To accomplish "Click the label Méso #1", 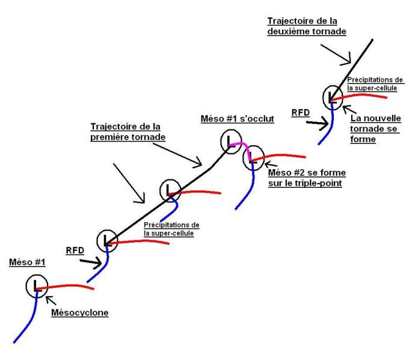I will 26,262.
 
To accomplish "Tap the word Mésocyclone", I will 80,313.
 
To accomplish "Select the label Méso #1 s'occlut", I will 237,119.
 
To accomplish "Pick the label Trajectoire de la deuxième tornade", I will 306,26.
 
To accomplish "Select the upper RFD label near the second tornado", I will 299,112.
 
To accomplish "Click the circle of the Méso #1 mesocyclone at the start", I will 36,285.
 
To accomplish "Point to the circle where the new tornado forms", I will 332,96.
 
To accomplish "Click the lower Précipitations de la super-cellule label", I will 172,229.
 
